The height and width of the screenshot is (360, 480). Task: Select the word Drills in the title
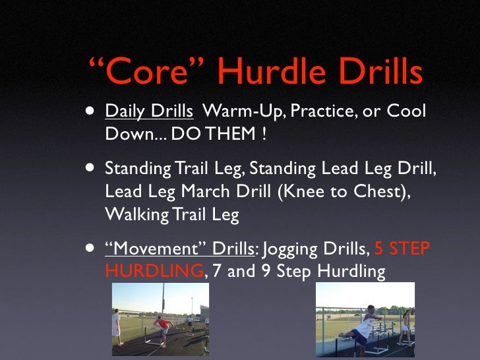378,73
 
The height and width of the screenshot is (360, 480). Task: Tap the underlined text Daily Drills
149,111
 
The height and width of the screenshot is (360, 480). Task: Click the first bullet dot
88,111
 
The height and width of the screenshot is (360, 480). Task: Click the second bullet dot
88,168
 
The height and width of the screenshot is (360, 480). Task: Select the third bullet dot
88,249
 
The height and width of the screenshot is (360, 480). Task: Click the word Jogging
297,249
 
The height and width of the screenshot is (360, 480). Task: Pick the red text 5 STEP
402,249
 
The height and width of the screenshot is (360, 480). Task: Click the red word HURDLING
154,271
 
